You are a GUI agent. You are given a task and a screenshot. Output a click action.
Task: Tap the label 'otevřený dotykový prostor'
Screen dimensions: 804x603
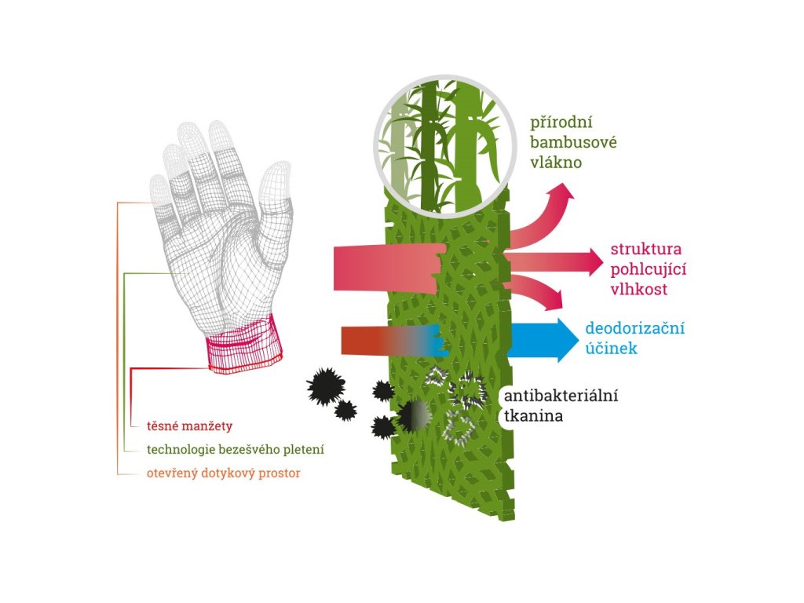point(223,473)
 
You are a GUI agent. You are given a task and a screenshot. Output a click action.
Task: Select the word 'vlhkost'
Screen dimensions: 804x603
point(638,290)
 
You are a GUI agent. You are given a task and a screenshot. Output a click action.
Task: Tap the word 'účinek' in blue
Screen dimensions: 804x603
point(611,349)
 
